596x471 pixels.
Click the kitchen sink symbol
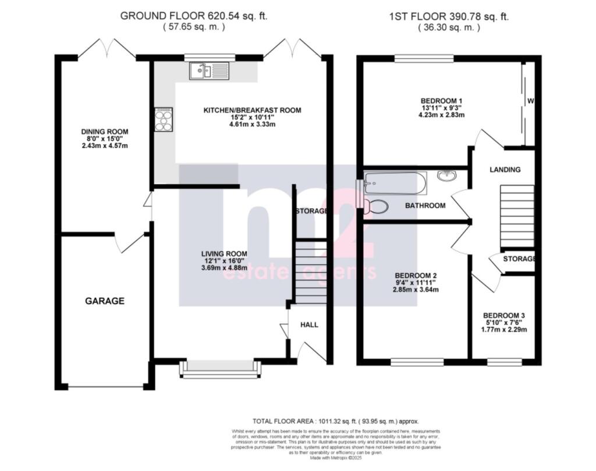tap(209, 72)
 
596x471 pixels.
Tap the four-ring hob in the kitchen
tap(164, 121)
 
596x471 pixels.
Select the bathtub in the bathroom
tap(395, 183)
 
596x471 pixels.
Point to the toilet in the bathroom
tap(378, 206)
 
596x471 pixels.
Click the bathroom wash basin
tap(447, 176)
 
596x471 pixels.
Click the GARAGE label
tap(105, 301)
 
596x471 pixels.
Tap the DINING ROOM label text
tap(105, 132)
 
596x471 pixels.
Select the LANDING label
tap(505, 170)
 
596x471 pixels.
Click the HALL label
tap(308, 324)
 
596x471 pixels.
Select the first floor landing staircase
tap(517, 216)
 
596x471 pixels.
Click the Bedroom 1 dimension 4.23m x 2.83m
tap(442, 115)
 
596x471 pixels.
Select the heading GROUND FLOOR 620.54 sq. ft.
tap(194, 16)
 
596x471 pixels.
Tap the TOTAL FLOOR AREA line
tap(335, 421)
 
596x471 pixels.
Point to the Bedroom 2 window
tap(413, 362)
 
